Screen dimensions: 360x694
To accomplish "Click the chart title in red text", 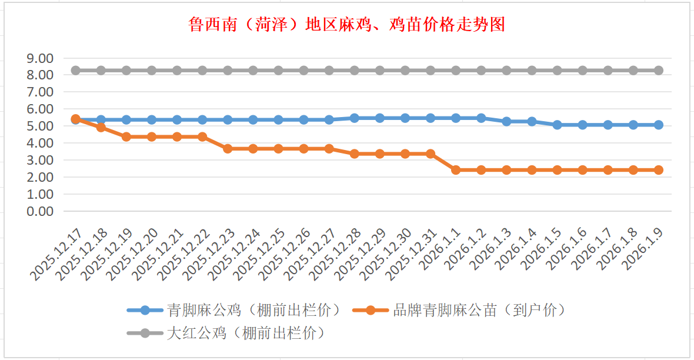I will [x=346, y=25].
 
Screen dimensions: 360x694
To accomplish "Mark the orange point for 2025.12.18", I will [x=101, y=127].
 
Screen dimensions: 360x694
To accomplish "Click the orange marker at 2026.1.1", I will [x=456, y=170].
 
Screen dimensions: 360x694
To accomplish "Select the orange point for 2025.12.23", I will [x=228, y=149].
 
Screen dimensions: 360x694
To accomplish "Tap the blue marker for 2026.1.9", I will [x=659, y=125].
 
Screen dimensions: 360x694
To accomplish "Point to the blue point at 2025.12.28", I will [x=355, y=118].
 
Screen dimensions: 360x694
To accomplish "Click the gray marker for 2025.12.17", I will [x=75, y=70].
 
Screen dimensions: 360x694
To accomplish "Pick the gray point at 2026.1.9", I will [x=659, y=70].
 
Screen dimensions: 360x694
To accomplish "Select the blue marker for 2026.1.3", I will [x=506, y=121].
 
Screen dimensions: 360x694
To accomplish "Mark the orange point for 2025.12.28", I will [x=355, y=154].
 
